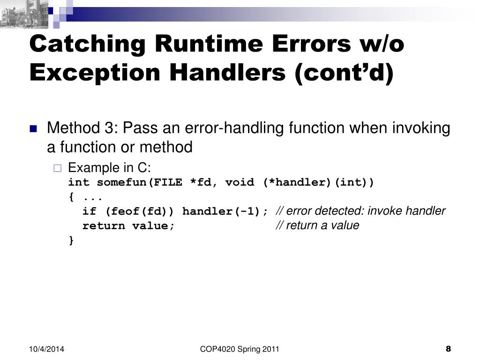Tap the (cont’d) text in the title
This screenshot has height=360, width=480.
[344, 73]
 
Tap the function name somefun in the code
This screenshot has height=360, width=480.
[121, 182]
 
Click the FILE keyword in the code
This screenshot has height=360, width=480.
[168, 182]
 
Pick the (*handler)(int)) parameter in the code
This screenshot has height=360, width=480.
[318, 182]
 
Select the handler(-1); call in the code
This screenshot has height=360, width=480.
[225, 211]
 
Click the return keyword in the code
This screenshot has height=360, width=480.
[104, 226]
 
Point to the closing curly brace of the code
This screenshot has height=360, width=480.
[71, 240]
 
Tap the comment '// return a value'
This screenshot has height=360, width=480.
[317, 225]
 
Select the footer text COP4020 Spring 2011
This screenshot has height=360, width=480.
[240, 349]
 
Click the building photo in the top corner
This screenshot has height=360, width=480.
[23, 13]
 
